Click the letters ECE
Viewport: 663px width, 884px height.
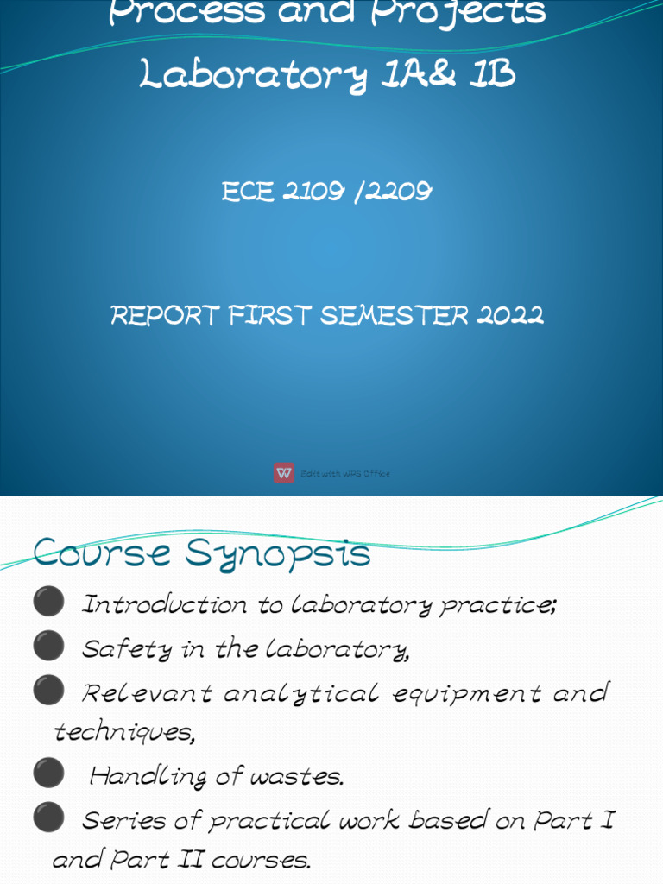(249, 193)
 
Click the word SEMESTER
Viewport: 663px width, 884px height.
(394, 316)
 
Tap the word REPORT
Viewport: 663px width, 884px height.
(165, 316)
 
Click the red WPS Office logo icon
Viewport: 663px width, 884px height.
(284, 473)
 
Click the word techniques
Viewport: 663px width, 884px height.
(123, 733)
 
